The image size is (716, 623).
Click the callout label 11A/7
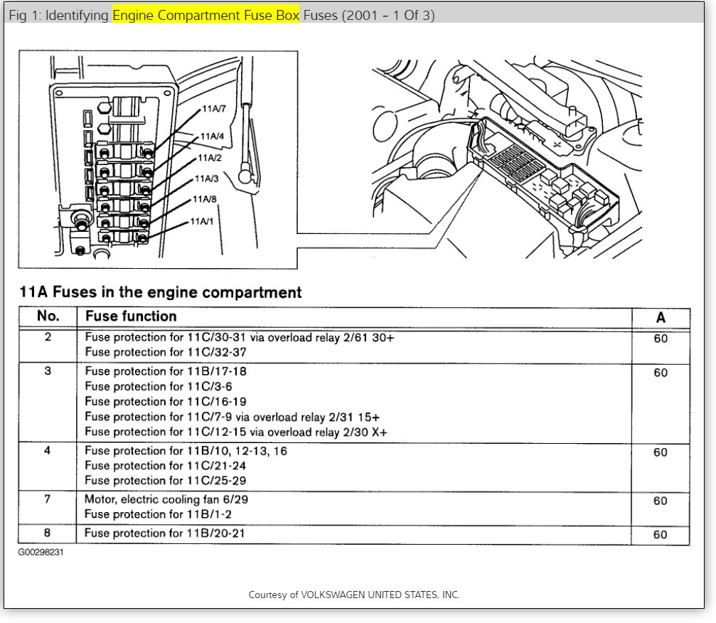[x=213, y=110]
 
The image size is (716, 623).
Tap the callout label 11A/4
[x=212, y=136]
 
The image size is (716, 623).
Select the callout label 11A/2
[x=210, y=158]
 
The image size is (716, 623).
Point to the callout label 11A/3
[x=207, y=179]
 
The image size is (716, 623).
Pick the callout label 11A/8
[x=205, y=199]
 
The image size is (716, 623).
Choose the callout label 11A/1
[x=201, y=222]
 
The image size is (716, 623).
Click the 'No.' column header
[x=48, y=316]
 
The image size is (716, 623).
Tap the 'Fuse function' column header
[x=131, y=316]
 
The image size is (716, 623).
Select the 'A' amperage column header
[x=661, y=318]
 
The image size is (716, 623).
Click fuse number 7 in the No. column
[x=48, y=499]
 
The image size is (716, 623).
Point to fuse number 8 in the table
[x=48, y=533]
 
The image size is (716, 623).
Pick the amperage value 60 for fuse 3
[x=661, y=373]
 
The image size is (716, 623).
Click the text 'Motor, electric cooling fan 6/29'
[x=166, y=499]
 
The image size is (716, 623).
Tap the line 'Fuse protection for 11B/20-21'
[x=164, y=533]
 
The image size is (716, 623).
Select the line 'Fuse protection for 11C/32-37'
[x=165, y=352]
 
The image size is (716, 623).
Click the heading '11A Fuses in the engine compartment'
[x=160, y=292]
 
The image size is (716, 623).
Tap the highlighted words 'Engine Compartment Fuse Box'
[x=205, y=15]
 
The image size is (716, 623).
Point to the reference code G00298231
[x=41, y=552]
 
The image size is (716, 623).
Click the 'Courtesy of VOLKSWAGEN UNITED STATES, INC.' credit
[x=354, y=595]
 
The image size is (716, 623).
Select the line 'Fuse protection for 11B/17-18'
[x=166, y=371]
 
